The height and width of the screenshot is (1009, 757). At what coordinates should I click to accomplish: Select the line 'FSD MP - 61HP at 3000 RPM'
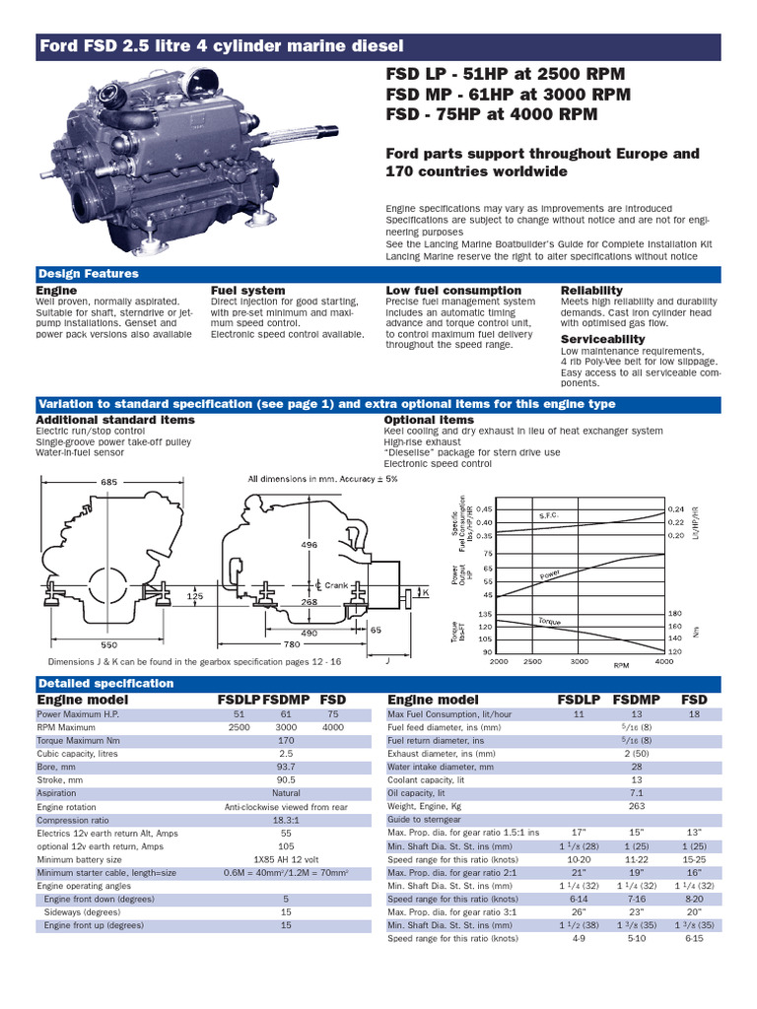click(508, 95)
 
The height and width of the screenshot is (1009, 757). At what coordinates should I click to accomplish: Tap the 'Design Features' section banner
click(88, 274)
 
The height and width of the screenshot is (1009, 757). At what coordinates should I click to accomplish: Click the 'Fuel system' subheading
click(247, 291)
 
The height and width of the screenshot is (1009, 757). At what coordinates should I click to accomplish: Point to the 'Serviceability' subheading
click(602, 339)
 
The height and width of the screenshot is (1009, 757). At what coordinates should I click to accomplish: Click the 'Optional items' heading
click(429, 420)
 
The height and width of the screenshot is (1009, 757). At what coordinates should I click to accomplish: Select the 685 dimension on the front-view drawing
click(109, 481)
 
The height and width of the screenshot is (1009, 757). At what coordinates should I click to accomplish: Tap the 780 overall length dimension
click(293, 644)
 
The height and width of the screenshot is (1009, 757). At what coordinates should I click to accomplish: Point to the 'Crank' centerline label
click(337, 584)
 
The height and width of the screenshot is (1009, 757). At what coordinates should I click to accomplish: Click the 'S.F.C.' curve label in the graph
click(549, 515)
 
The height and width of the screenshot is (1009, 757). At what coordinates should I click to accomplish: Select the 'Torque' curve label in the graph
click(549, 621)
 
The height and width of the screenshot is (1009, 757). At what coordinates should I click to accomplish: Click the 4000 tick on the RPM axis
click(663, 662)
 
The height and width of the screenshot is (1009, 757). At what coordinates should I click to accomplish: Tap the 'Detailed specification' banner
click(105, 683)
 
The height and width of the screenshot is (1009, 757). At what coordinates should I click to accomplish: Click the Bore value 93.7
click(286, 765)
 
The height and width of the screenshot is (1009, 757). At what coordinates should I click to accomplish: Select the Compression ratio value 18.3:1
click(286, 820)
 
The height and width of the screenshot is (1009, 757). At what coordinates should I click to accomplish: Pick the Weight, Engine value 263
click(636, 805)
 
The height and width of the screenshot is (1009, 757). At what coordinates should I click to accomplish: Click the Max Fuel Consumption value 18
click(694, 712)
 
